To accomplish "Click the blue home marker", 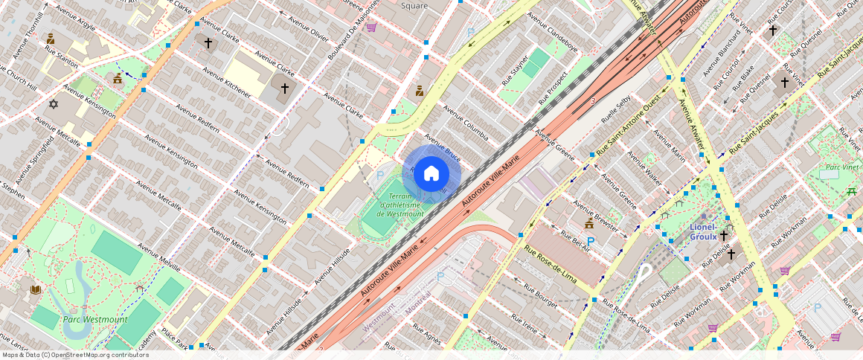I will tap(431, 174).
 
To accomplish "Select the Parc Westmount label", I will tap(95, 320).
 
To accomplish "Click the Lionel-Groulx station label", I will tap(703, 231).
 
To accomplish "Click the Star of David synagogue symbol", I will tap(53, 104).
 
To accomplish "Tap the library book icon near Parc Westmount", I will tap(35, 289).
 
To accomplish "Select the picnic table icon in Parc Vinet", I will tap(851, 191).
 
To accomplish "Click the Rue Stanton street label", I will tap(62, 57).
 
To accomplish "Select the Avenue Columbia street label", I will tap(466, 122).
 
